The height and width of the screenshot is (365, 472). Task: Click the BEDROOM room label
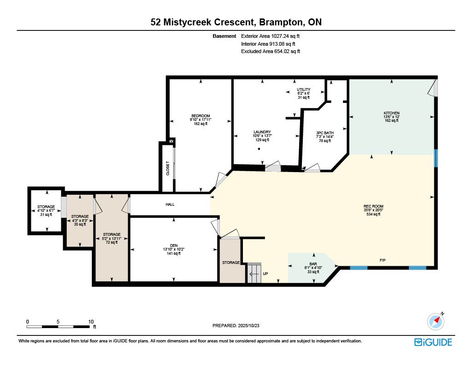click(x=201, y=116)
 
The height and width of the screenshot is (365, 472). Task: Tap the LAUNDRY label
click(x=262, y=132)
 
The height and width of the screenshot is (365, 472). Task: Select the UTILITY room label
click(x=303, y=90)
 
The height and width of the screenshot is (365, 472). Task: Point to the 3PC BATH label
click(x=325, y=133)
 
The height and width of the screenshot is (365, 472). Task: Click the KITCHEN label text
click(x=392, y=113)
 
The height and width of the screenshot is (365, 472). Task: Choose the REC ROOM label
click(x=373, y=206)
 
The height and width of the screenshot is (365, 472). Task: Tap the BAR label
click(x=313, y=264)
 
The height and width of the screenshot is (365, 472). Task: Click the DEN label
click(x=174, y=245)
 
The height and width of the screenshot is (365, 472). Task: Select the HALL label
click(x=170, y=204)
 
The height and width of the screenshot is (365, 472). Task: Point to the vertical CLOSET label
click(x=168, y=168)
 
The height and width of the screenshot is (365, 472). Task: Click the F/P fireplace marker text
click(x=383, y=260)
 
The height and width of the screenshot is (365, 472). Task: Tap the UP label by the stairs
click(x=265, y=274)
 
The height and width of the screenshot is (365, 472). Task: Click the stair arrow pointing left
click(x=254, y=274)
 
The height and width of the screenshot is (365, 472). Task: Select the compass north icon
click(x=436, y=321)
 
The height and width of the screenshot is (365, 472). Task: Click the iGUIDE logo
click(x=433, y=342)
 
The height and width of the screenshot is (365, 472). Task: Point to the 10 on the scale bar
click(x=91, y=322)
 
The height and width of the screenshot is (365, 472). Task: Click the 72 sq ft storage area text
click(x=112, y=242)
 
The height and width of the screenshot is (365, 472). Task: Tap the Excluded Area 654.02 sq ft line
click(x=271, y=52)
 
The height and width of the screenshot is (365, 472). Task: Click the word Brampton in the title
click(x=281, y=22)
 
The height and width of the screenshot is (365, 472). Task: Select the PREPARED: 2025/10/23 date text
click(x=236, y=325)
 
